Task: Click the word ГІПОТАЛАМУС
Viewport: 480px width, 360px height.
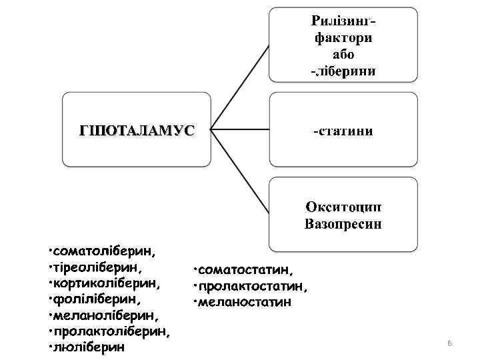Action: [136, 130]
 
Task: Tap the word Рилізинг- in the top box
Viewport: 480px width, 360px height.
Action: [343, 21]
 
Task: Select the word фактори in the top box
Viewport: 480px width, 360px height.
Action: [343, 37]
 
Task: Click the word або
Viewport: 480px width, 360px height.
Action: [343, 54]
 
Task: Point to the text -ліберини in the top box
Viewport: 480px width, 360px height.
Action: [343, 71]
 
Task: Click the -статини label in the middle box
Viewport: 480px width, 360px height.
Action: [343, 131]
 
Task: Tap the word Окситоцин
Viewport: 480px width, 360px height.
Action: [343, 207]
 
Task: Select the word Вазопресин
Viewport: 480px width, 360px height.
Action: [343, 223]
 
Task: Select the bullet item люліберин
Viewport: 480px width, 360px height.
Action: [89, 347]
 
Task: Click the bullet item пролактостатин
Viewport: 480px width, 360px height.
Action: [253, 286]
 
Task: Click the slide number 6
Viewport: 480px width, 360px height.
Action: [449, 343]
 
